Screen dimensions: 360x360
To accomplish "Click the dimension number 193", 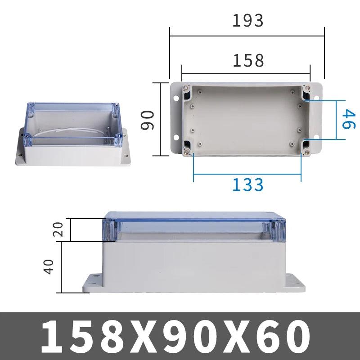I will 247,20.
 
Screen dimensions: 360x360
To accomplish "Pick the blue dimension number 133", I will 247,184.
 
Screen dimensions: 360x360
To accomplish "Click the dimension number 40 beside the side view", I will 49,265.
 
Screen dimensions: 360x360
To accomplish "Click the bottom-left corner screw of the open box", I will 186,151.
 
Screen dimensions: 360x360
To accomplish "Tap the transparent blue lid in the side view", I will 193,229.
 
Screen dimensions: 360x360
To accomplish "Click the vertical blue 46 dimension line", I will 337,120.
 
